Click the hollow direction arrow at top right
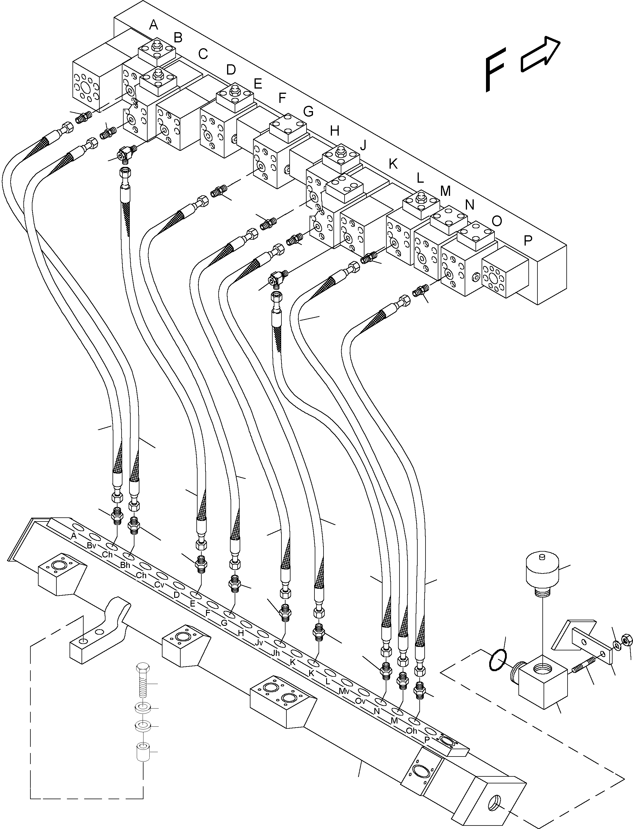coord(540,55)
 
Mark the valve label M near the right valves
coord(445,191)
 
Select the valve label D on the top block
coord(231,69)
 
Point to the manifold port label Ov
coord(360,700)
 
